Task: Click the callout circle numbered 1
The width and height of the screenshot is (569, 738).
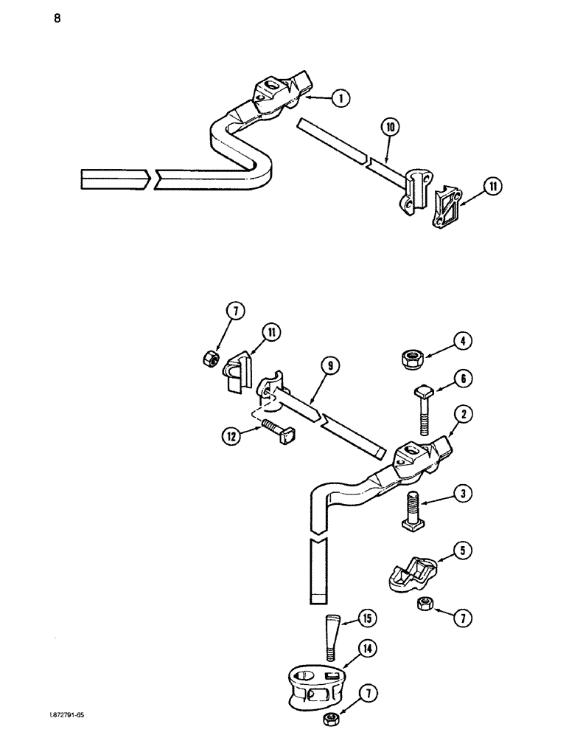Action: tap(340, 98)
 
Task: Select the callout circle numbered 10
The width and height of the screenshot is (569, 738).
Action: tap(391, 127)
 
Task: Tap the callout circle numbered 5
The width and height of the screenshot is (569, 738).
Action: tap(464, 550)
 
